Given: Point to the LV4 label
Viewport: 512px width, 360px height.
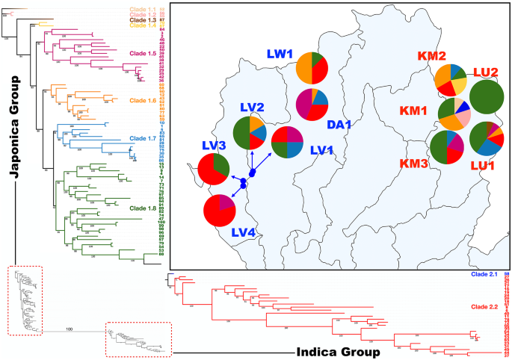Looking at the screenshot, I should (242, 234).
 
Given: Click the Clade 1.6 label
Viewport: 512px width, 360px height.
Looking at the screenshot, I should (146, 100).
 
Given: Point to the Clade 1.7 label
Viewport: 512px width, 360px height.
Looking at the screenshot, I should (145, 138).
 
